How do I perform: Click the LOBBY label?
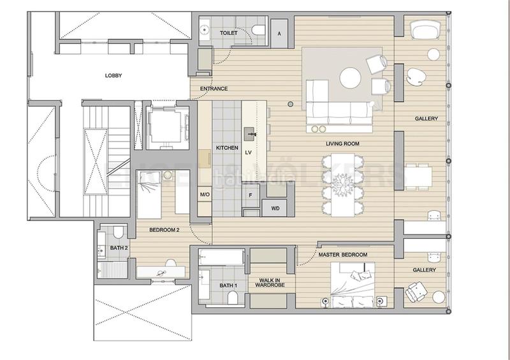point(113,75)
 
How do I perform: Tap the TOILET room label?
point(228,32)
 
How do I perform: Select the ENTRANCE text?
point(214,89)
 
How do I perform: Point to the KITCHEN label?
point(227,148)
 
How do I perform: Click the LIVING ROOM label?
point(342,144)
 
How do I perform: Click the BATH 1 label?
point(228,285)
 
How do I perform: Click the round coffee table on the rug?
point(350,78)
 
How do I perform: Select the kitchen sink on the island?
point(250,134)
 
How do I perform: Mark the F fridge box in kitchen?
point(251,195)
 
